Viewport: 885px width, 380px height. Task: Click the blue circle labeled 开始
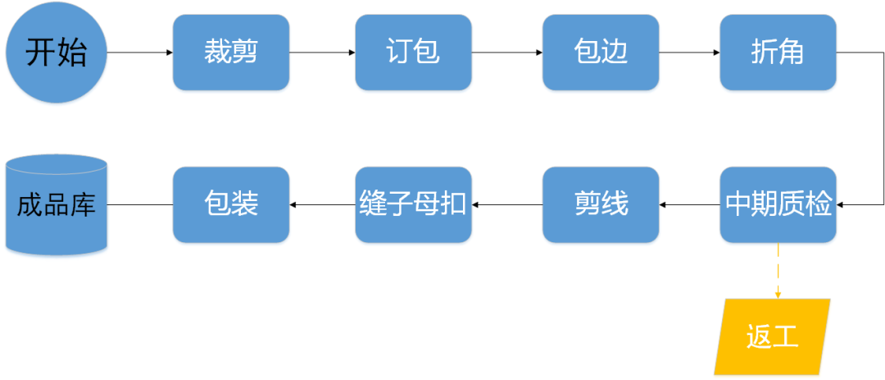click(x=57, y=53)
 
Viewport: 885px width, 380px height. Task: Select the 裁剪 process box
click(x=231, y=53)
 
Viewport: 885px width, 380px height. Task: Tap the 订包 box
click(x=413, y=53)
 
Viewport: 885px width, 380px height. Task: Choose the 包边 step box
click(x=601, y=53)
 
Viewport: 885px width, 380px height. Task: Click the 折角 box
click(x=778, y=53)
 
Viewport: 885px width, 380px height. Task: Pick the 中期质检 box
click(x=778, y=204)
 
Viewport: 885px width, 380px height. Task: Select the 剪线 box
click(x=601, y=204)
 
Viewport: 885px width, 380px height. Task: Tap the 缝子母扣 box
click(x=413, y=204)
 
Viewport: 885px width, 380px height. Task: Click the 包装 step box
click(x=231, y=204)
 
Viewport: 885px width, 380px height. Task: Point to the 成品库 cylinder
click(x=57, y=204)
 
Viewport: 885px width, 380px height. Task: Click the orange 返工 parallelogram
click(x=772, y=337)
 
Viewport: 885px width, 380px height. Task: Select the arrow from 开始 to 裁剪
click(x=140, y=53)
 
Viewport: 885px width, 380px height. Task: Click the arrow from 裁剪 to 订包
click(x=322, y=53)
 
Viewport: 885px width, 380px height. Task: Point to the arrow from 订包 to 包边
click(x=507, y=53)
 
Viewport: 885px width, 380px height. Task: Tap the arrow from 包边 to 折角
click(x=689, y=53)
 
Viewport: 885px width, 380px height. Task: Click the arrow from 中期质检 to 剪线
click(x=689, y=204)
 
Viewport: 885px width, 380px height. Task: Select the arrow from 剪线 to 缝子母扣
click(x=507, y=204)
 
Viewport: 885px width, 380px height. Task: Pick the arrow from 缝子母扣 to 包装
click(x=322, y=204)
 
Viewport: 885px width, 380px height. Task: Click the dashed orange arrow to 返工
click(x=778, y=271)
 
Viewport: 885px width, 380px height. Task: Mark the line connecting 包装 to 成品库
click(x=140, y=204)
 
